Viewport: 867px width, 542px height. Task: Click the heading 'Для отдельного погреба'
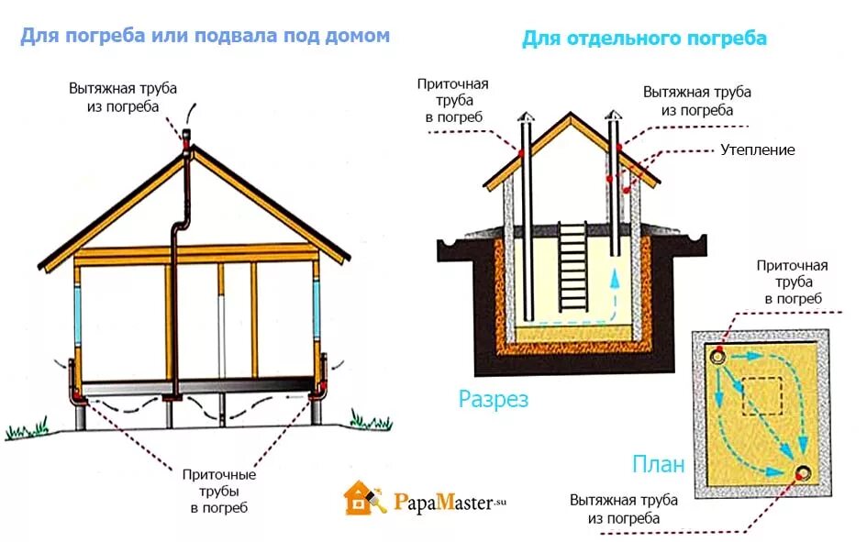pos(644,39)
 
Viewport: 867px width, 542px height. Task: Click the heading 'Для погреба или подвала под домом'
pos(205,36)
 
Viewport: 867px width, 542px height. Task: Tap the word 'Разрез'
pos(494,400)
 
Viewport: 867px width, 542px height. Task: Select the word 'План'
pos(658,464)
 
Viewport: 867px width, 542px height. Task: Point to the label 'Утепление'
pos(757,149)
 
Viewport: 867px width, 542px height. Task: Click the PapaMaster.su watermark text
pos(450,501)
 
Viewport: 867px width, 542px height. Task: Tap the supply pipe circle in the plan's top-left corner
pos(716,355)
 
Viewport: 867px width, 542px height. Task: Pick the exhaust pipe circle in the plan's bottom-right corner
pos(804,472)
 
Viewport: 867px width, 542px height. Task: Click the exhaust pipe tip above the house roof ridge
pos(186,137)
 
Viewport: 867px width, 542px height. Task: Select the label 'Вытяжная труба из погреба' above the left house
pos(122,97)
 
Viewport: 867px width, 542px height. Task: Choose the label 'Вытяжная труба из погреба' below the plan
pos(623,510)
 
